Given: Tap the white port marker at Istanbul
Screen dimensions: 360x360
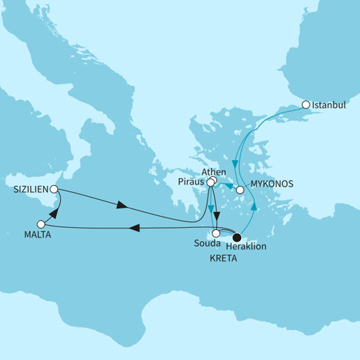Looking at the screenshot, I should pyautogui.click(x=305, y=105).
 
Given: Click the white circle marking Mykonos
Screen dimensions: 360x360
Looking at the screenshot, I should pyautogui.click(x=240, y=189).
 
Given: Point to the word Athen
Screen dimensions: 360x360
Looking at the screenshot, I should pyautogui.click(x=213, y=171).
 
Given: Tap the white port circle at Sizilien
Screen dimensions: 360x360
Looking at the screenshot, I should pyautogui.click(x=55, y=189).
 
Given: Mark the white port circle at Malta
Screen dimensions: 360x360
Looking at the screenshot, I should pyautogui.click(x=41, y=224).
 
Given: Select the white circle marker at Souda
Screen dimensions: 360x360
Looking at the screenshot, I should pyautogui.click(x=217, y=233).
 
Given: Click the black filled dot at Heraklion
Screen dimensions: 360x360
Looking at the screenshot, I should pyautogui.click(x=237, y=236).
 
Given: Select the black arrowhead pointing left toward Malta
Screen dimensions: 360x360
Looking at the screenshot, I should pyautogui.click(x=137, y=228).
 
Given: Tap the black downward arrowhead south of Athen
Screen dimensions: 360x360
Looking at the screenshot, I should pyautogui.click(x=217, y=216).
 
